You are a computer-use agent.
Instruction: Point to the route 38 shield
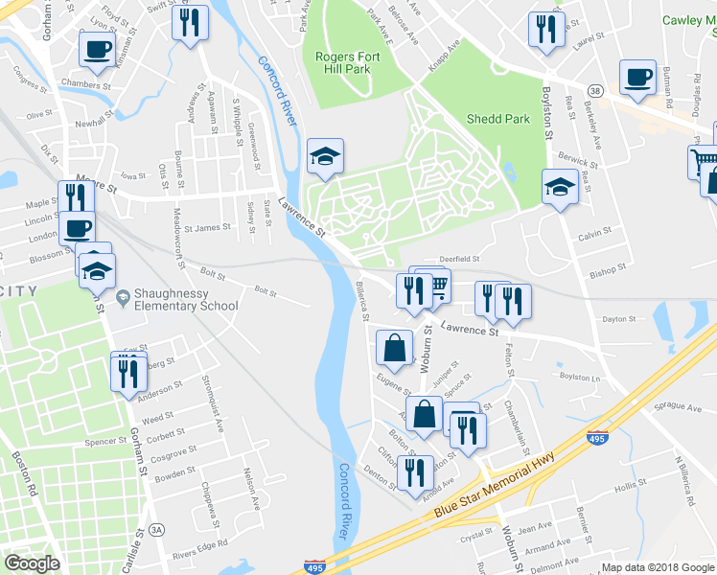click(596, 91)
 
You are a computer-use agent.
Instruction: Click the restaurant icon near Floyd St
click(190, 22)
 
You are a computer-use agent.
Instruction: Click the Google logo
click(32, 563)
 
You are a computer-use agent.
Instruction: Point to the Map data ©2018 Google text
click(658, 567)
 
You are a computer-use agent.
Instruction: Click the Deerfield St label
click(458, 259)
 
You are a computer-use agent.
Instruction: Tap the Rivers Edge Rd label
click(200, 546)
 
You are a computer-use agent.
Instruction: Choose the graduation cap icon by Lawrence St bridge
click(325, 155)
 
